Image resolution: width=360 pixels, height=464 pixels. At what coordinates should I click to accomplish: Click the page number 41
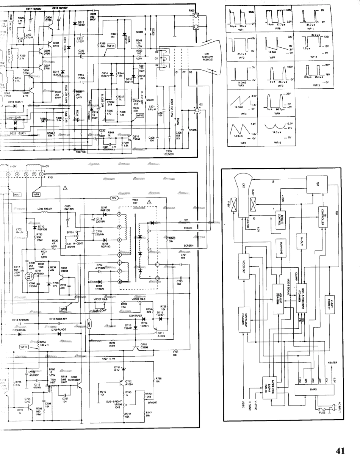click(340, 451)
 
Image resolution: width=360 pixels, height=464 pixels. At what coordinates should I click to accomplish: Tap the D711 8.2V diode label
click(117, 368)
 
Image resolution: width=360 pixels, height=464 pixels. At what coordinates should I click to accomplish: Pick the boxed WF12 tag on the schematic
click(140, 115)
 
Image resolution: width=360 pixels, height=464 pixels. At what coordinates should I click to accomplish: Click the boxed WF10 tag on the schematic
click(24, 346)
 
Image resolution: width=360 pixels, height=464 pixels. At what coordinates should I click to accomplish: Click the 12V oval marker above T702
click(114, 198)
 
